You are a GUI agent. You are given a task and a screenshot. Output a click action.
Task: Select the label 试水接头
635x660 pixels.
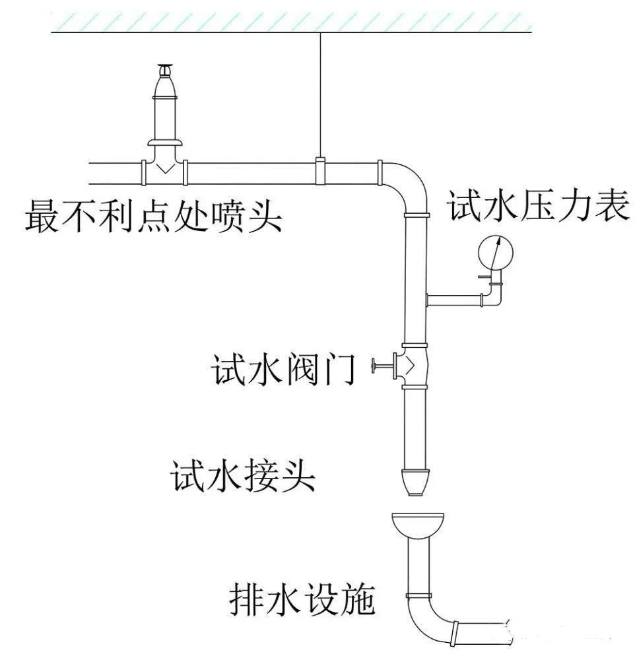[243, 477]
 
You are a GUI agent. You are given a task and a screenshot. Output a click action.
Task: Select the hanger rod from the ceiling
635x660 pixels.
[321, 92]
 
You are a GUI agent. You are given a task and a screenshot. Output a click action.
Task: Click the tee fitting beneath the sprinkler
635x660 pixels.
[164, 170]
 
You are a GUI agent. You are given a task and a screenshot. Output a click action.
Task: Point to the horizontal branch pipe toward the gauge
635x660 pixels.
[455, 300]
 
